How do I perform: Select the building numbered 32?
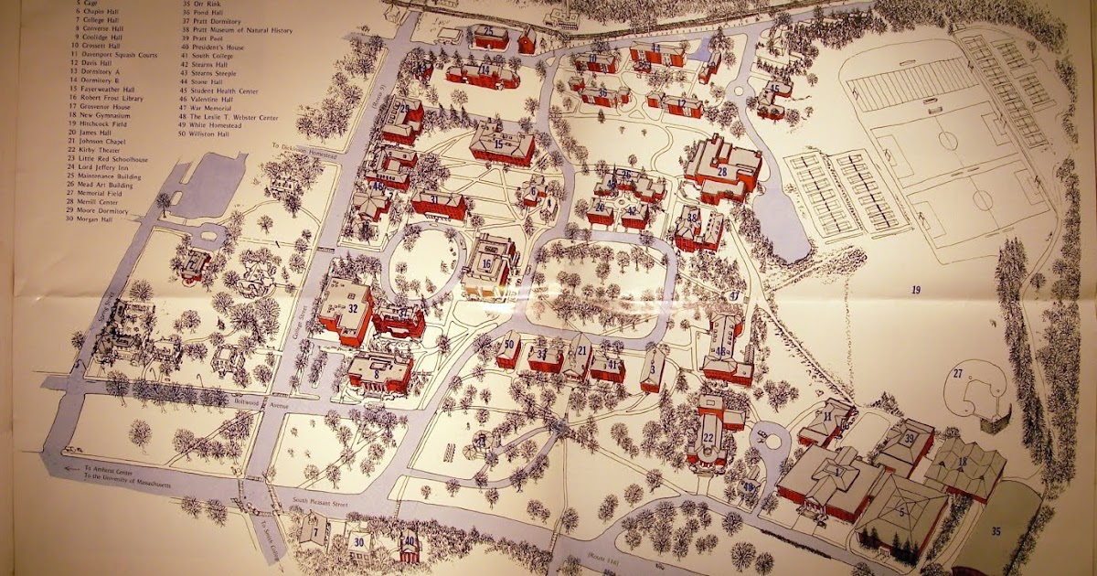(x=348, y=309)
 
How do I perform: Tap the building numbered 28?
(x=722, y=170)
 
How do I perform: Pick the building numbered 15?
(x=500, y=144)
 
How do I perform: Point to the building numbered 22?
(x=709, y=439)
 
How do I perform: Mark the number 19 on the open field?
(x=914, y=290)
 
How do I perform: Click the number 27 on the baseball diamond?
(x=957, y=373)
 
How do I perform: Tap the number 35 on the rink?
(x=996, y=530)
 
